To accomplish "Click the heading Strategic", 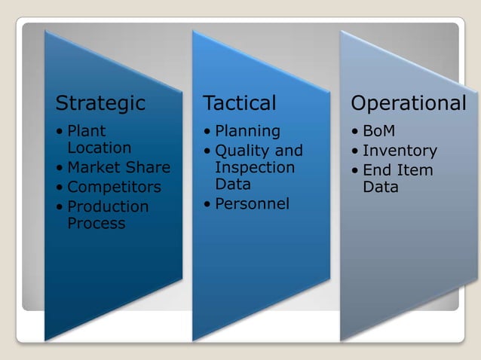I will (100, 103).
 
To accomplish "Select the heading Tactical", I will (239, 103).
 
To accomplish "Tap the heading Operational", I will (409, 103).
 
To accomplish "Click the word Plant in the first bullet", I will (87, 131).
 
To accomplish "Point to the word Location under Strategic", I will (99, 148).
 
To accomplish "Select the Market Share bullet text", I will (118, 167).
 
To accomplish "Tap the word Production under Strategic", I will (108, 206).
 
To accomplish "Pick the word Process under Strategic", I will (96, 223).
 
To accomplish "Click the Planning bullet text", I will (247, 131).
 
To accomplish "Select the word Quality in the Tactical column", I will (242, 151).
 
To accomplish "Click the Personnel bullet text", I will (252, 204).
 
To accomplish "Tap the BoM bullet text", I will (378, 131).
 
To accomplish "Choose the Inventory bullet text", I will (400, 151).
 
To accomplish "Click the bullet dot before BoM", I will (355, 132).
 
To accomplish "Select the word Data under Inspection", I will (232, 184).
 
